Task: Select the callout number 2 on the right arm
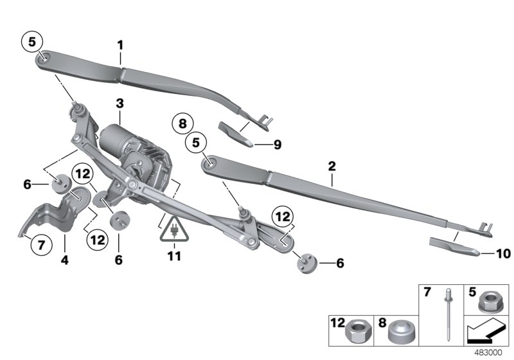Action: coord(332,166)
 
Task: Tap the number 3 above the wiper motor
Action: coord(120,103)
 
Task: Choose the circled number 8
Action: coord(182,123)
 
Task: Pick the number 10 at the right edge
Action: coord(503,253)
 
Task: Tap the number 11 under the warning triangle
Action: coord(174,256)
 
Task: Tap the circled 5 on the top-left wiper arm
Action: coord(33,42)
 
